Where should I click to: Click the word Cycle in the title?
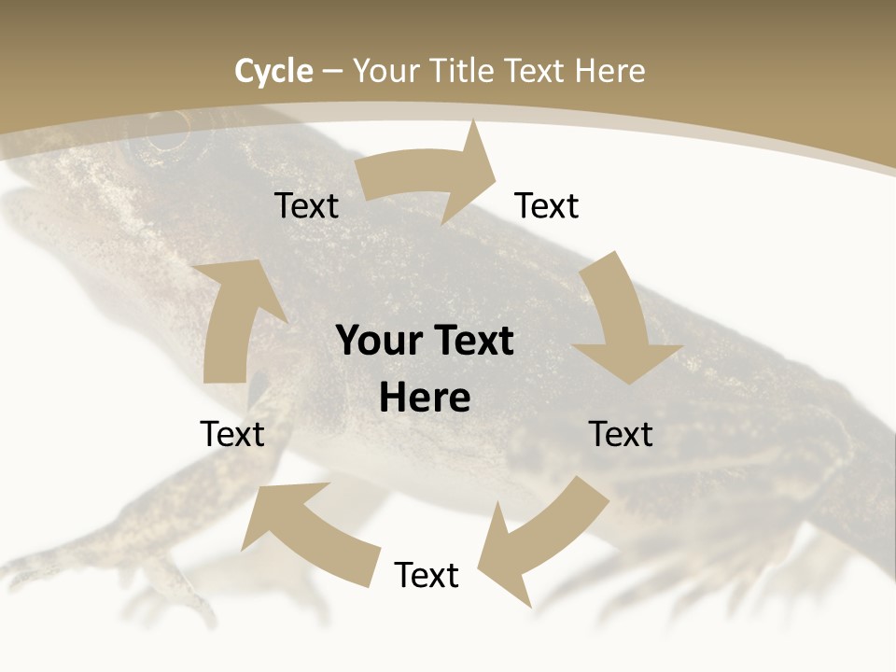(x=273, y=71)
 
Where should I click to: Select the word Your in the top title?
(x=386, y=71)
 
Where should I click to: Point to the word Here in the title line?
(x=609, y=71)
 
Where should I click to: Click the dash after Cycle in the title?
(x=332, y=72)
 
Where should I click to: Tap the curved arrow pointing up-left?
(x=303, y=527)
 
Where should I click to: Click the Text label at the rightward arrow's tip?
(x=547, y=206)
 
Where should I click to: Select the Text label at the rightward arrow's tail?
(x=306, y=206)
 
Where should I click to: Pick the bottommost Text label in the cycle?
(x=427, y=576)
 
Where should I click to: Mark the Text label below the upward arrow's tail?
(x=232, y=434)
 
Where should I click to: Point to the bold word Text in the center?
(x=472, y=342)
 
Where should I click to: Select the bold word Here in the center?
(x=425, y=398)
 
